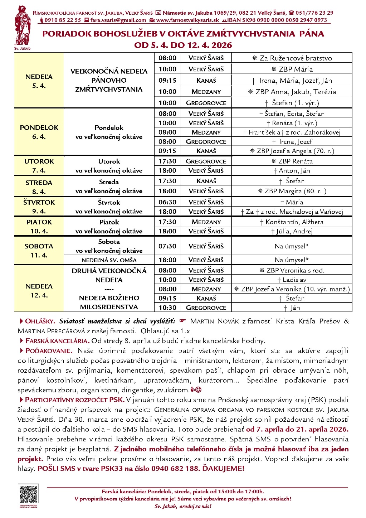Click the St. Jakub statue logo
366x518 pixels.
tap(22, 27)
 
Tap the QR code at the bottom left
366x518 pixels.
tap(28, 494)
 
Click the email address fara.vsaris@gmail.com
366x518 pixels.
tap(118, 20)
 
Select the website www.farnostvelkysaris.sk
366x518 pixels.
tap(187, 20)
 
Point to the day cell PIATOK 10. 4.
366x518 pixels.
tap(39, 227)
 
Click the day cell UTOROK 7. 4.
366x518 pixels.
tap(39, 166)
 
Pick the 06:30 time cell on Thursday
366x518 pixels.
tap(167, 202)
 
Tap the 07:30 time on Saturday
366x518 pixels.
tap(167, 246)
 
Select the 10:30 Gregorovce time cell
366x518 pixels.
tap(167, 308)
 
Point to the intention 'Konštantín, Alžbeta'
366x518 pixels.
tap(292, 222)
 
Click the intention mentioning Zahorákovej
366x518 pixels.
tap(292, 132)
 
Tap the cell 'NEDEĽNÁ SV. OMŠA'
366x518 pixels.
tap(109, 260)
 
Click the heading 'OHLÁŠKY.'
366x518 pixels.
tap(40, 321)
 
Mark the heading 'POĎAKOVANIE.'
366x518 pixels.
tap(49, 351)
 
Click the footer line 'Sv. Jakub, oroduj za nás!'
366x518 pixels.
tap(183, 506)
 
